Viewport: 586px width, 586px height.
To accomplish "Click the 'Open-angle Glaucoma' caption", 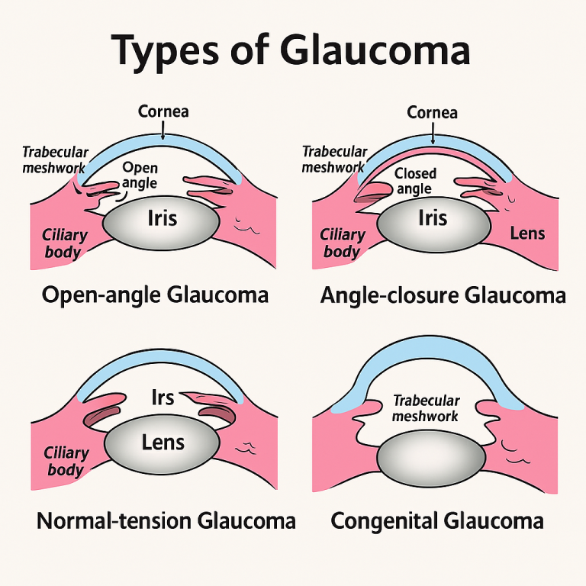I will pyautogui.click(x=155, y=295).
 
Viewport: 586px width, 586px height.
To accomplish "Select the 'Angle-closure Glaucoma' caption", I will pyautogui.click(x=443, y=295).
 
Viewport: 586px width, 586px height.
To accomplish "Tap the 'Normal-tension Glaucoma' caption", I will pyautogui.click(x=166, y=521).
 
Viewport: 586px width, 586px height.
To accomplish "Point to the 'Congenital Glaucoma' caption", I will pyautogui.click(x=437, y=521).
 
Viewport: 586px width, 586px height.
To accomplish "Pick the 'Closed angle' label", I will pyautogui.click(x=415, y=181).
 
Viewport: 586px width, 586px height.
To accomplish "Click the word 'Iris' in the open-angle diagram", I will pyautogui.click(x=161, y=219).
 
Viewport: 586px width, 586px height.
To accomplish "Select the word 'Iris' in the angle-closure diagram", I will pyautogui.click(x=432, y=219).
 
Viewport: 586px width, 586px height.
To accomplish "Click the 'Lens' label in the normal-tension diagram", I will pyautogui.click(x=163, y=443).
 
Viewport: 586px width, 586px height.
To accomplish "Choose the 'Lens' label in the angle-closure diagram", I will pyautogui.click(x=527, y=232).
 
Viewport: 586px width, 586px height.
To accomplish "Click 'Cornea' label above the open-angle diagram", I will pyautogui.click(x=163, y=112).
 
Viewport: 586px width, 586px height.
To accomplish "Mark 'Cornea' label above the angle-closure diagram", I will pyautogui.click(x=432, y=113).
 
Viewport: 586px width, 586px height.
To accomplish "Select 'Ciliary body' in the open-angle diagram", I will pyautogui.click(x=65, y=243).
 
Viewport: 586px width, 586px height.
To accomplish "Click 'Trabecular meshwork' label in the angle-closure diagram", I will pyautogui.click(x=334, y=159).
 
